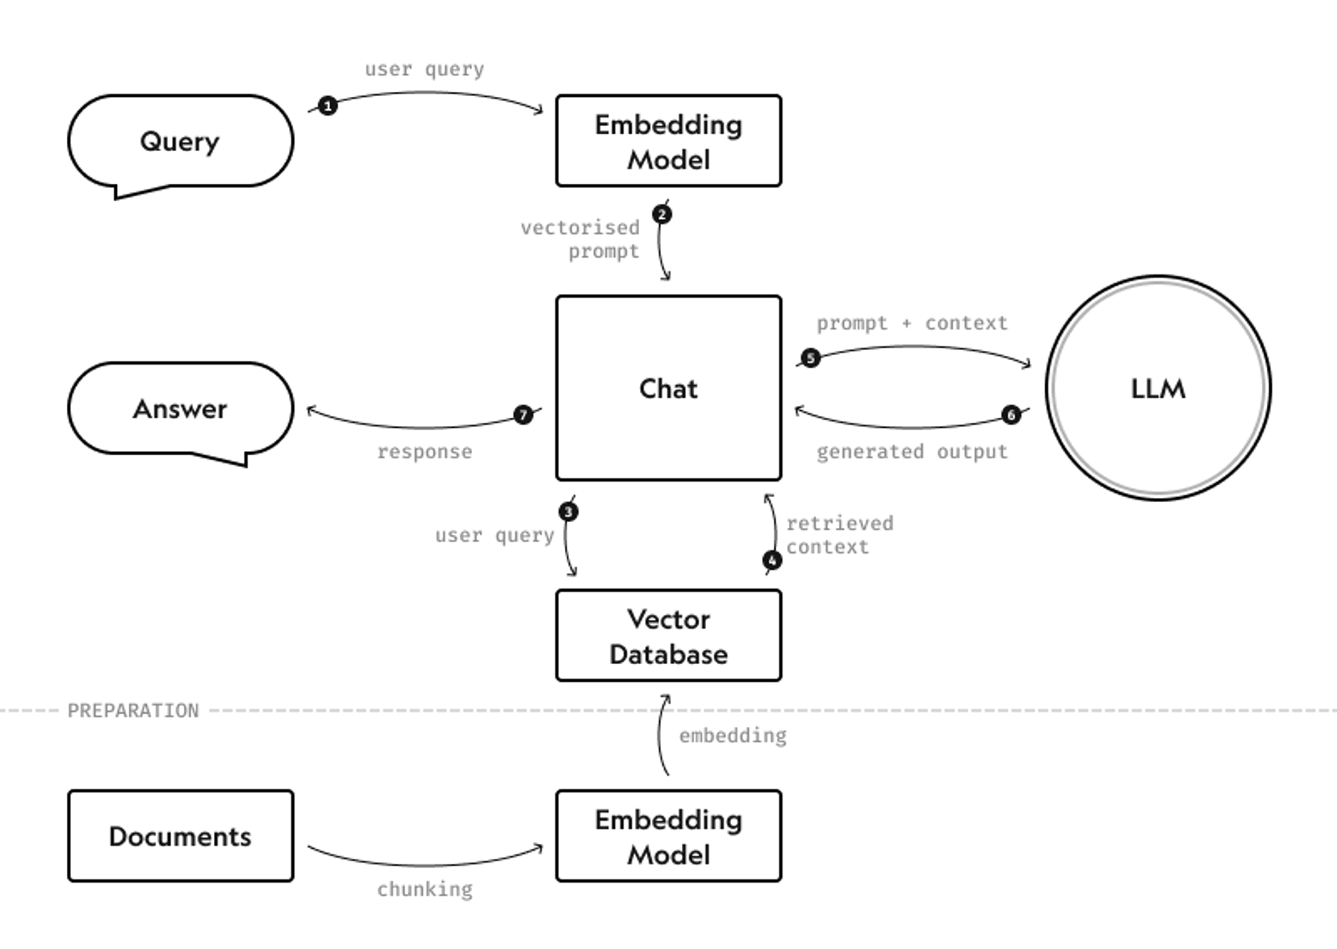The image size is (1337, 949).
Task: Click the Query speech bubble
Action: [180, 141]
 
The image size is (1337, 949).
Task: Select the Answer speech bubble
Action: [180, 409]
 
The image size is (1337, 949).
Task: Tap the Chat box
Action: [668, 389]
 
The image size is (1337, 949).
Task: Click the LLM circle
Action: [1158, 389]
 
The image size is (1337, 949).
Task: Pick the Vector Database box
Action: [668, 636]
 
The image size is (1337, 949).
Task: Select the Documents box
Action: [180, 836]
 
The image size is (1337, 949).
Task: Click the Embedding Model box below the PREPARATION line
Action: [668, 836]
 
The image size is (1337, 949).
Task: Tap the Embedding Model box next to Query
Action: [668, 141]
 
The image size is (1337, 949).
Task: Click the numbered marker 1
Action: [328, 106]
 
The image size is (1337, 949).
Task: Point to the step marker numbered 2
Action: [662, 214]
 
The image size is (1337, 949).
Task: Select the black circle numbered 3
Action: [568, 512]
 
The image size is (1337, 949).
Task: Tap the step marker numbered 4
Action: [772, 560]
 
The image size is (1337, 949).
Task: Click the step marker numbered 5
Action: [810, 358]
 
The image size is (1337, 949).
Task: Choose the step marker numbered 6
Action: [1011, 415]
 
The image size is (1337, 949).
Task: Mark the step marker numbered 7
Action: [523, 415]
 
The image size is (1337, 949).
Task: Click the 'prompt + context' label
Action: [912, 323]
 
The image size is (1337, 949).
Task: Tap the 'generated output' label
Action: [912, 452]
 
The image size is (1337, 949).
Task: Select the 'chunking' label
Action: [425, 889]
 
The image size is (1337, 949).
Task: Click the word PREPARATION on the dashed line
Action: [133, 711]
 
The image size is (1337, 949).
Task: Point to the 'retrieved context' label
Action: [838, 535]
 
